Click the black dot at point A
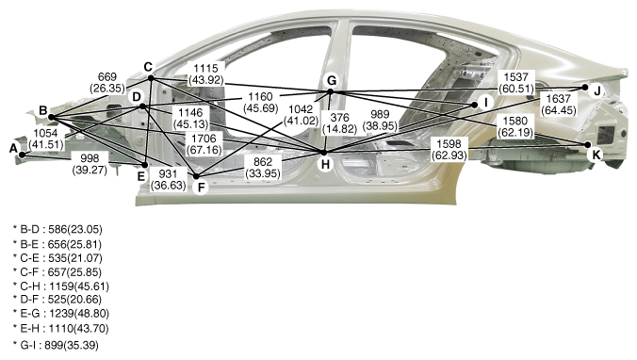click(22, 155)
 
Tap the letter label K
click(596, 155)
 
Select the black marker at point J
click(585, 88)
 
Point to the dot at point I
click(474, 105)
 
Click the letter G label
click(332, 81)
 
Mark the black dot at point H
click(324, 153)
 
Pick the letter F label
click(201, 188)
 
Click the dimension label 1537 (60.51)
click(516, 82)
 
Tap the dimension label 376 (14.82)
click(339, 123)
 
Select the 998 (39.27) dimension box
click(90, 164)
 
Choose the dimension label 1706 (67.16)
click(204, 144)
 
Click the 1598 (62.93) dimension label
click(449, 149)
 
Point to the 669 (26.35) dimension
click(107, 83)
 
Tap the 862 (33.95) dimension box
click(263, 168)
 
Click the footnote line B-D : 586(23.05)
click(57, 230)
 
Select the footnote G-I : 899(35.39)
click(56, 345)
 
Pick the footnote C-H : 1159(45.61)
click(61, 286)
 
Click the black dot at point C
click(151, 77)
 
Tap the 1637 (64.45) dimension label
click(559, 105)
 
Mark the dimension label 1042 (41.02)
click(301, 115)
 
